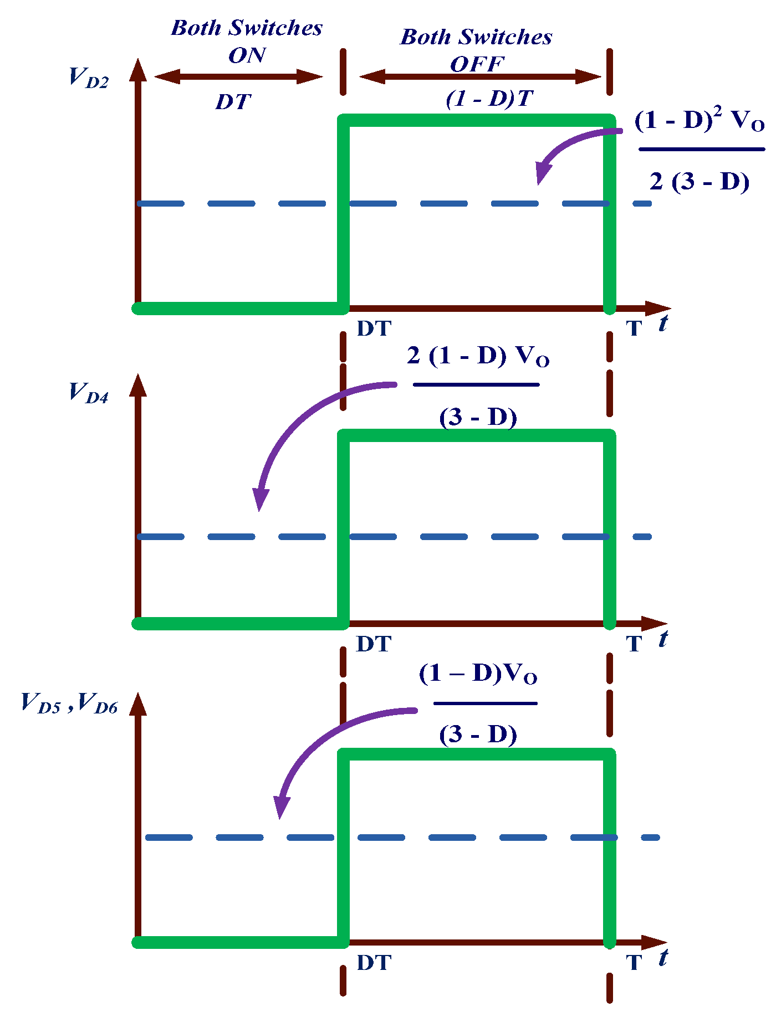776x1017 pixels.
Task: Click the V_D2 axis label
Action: tap(88, 78)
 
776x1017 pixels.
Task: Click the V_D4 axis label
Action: tap(88, 393)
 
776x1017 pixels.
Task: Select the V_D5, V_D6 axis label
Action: tap(69, 703)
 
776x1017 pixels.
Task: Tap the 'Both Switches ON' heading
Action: tap(247, 41)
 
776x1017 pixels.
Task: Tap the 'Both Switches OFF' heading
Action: tap(477, 50)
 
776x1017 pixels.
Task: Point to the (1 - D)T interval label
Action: tap(489, 99)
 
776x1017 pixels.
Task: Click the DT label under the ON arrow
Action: tap(233, 102)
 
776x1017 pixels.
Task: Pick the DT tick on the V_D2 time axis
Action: tap(374, 328)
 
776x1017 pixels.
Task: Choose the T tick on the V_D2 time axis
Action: tap(634, 328)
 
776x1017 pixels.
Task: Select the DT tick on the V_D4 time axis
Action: tap(374, 644)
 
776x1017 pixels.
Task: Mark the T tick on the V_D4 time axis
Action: tap(634, 644)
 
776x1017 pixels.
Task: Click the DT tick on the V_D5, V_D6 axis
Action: tap(374, 963)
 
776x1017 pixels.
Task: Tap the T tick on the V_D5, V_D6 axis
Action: tap(634, 963)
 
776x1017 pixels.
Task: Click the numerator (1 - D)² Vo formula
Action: tap(700, 121)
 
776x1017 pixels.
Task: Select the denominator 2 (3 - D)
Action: tap(700, 181)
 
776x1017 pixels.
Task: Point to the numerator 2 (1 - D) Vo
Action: tap(478, 356)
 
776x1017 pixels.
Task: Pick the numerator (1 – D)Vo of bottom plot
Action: tap(478, 674)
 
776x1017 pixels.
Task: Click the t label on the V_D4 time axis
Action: tap(663, 639)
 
